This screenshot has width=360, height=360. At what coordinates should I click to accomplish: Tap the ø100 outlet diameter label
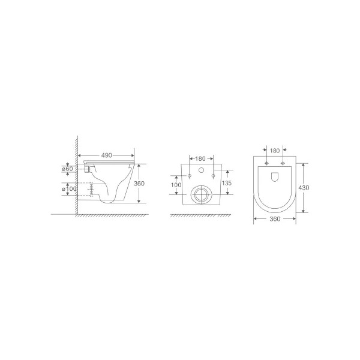click(69, 190)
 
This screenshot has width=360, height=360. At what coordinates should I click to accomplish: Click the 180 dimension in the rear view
click(200, 158)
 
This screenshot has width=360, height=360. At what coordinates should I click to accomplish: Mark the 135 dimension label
click(227, 183)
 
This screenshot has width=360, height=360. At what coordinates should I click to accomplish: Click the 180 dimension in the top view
click(275, 150)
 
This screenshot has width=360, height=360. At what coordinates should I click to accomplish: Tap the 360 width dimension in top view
click(274, 220)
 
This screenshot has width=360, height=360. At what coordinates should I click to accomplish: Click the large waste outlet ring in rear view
click(200, 194)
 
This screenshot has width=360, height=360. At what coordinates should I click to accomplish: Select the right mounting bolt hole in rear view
click(212, 176)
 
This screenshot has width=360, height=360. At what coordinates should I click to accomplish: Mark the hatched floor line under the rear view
click(200, 215)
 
